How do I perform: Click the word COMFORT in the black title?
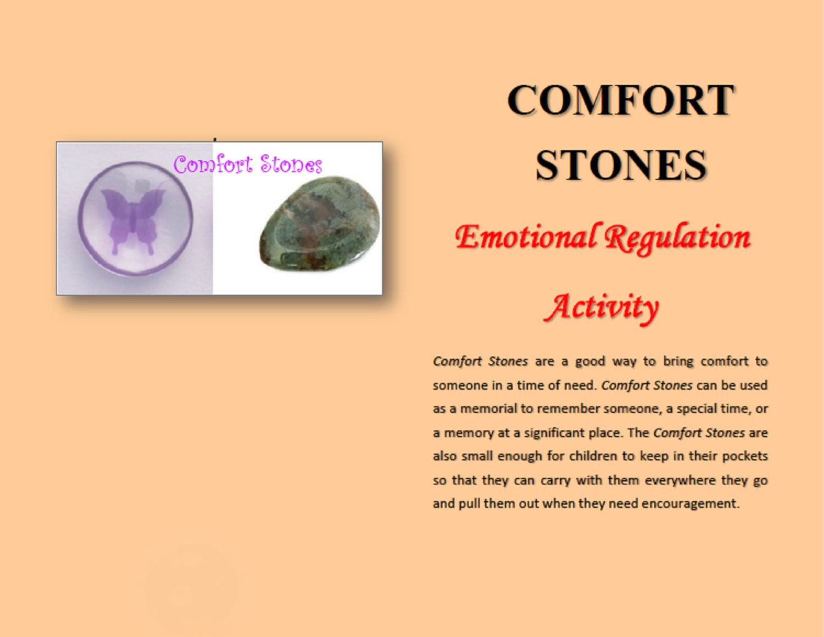620,100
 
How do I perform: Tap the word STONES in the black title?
621,165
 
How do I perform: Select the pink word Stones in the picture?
291,165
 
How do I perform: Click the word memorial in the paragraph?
491,408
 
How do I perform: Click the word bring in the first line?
678,362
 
